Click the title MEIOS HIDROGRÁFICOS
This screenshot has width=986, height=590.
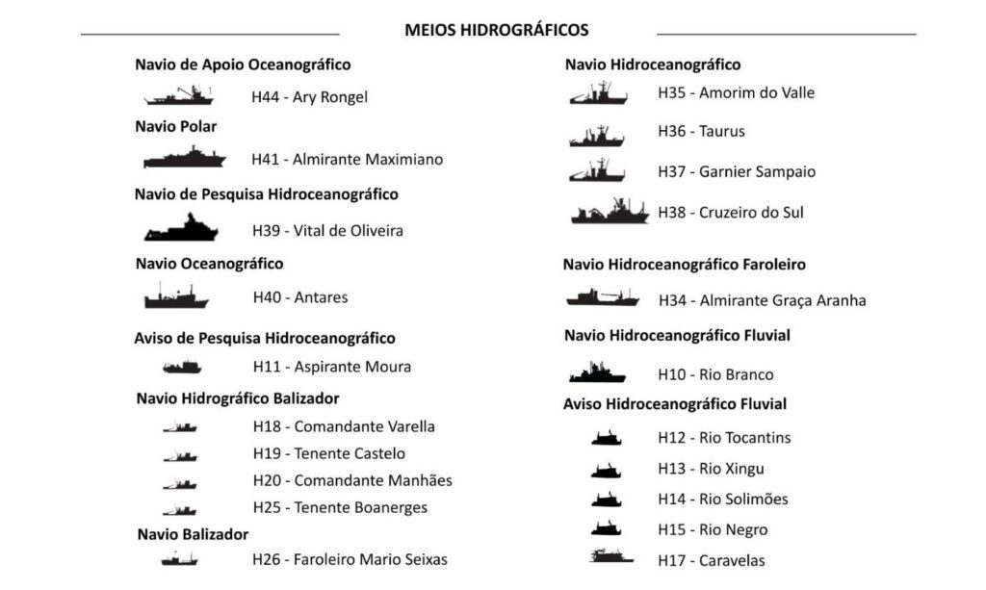pos(496,30)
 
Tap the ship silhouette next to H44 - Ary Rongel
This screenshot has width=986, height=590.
pos(179,96)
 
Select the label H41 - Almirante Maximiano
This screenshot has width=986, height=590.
pos(347,159)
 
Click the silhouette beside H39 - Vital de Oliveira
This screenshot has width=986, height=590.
pos(181,229)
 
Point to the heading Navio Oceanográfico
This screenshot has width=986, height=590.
pos(209,263)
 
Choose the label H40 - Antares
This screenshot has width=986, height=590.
pos(299,297)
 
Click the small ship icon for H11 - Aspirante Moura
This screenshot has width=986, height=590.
pos(182,367)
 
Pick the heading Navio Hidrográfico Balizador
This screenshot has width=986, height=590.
pos(237,398)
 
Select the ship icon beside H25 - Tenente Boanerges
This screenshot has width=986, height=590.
pos(180,509)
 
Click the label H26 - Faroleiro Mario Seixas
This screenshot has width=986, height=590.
pos(350,558)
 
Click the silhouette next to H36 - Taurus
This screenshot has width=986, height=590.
pos(597,136)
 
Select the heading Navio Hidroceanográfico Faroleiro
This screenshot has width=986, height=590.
pos(684,264)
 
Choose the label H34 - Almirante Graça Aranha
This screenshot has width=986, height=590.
pos(762,300)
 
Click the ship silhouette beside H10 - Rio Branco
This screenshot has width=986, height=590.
pos(597,372)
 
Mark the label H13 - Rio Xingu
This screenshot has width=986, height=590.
pos(711,469)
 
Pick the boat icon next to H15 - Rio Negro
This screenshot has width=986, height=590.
pos(607,528)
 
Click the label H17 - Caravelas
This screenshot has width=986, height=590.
pos(712,560)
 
